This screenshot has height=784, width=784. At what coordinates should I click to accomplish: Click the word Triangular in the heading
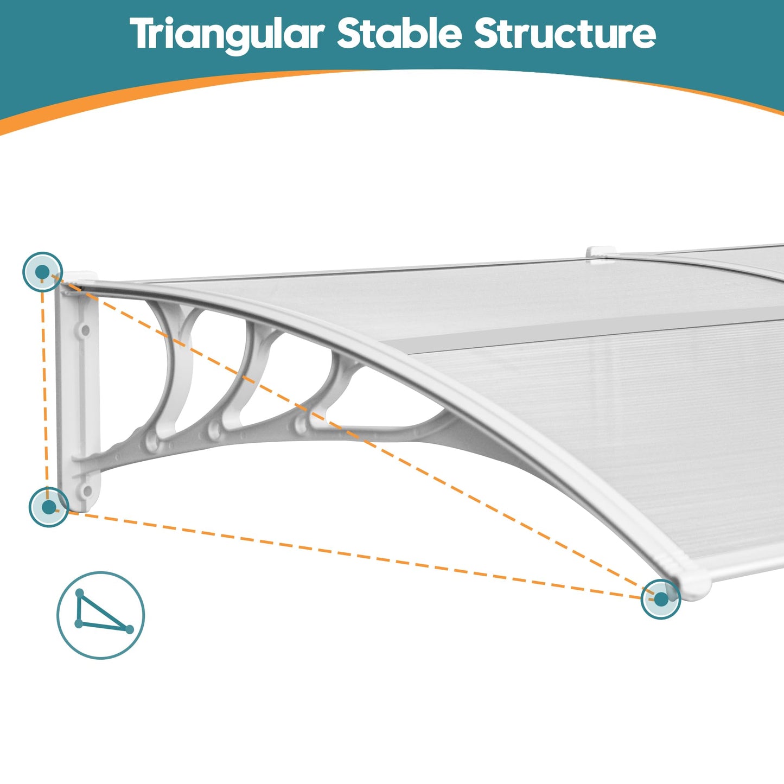tap(227, 35)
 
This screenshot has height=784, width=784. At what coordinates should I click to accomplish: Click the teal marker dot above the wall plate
tap(42, 272)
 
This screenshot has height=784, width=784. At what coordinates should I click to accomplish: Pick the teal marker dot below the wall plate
tap(49, 507)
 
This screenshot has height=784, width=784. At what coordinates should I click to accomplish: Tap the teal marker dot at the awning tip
tap(661, 599)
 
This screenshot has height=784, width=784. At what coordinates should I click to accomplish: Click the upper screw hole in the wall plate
tap(85, 330)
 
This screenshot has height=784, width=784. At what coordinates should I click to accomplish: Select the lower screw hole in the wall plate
tap(87, 491)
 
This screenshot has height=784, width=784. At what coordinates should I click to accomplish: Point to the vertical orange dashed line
tap(44, 390)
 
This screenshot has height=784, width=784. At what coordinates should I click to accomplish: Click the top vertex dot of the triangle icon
tap(80, 592)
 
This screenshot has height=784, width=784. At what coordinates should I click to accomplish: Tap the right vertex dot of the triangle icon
tap(129, 630)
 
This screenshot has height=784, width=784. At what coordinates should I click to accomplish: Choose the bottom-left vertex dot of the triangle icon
tap(79, 624)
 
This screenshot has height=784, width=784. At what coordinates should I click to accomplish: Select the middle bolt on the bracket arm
tap(214, 430)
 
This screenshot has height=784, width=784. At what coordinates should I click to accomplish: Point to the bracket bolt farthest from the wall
tap(301, 425)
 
